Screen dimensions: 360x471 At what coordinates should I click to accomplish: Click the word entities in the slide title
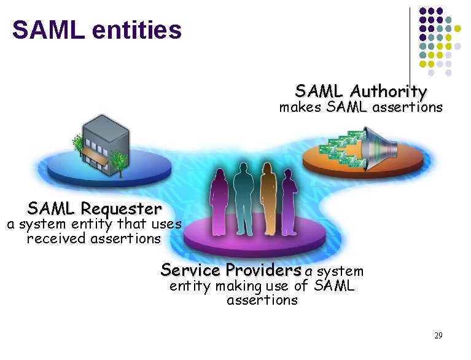[x=139, y=29]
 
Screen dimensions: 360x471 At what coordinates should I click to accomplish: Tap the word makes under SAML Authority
[x=301, y=108]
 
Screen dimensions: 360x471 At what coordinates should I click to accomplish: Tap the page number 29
[x=438, y=335]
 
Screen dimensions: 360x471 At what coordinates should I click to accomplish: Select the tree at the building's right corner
[x=119, y=161]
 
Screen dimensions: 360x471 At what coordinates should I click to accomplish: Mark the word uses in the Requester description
[x=166, y=224]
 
